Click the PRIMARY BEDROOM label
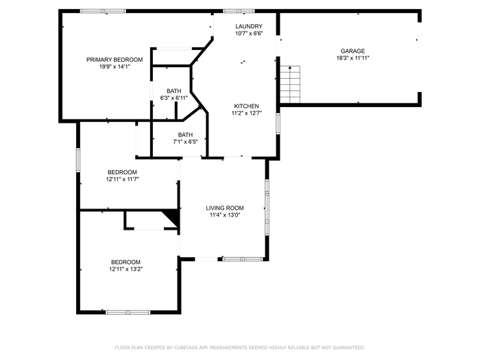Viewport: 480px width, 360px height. [115, 60]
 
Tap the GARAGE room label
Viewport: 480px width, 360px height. [352, 51]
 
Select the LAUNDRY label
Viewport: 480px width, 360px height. [249, 26]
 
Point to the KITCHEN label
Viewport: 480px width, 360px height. [246, 106]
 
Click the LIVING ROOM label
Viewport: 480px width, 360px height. [225, 208]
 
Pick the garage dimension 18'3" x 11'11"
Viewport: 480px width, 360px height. [353, 58]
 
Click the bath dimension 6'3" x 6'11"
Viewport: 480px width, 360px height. [174, 98]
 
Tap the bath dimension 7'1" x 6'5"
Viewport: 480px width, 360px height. [186, 142]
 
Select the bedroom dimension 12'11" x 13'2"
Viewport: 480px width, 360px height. [125, 269]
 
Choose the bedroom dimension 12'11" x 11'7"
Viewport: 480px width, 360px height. [123, 180]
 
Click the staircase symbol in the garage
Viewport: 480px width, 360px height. [290, 84]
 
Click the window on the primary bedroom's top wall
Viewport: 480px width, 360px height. [103, 12]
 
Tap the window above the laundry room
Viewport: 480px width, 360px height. [239, 12]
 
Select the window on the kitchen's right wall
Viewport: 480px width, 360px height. [278, 123]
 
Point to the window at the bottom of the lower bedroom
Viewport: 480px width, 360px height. [128, 312]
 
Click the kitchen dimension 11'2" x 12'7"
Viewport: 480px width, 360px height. [246, 113]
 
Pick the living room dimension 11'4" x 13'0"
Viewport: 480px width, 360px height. [225, 215]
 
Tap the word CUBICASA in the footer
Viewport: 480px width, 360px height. [185, 348]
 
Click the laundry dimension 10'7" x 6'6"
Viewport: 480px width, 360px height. [249, 34]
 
